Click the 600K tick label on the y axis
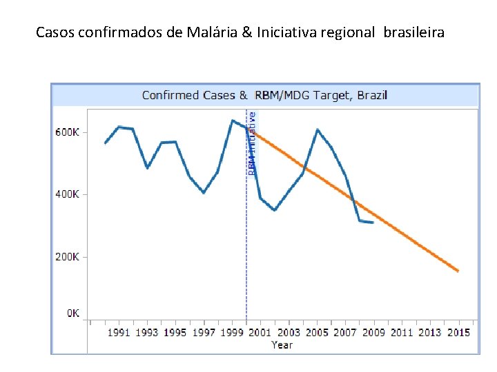point(67,132)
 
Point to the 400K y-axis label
point(67,194)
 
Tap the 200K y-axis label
point(67,257)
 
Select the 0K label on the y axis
point(72,313)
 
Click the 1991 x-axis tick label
point(119,333)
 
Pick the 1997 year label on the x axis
point(204,333)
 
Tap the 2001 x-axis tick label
point(260,333)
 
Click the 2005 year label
point(317,333)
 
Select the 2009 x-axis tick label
point(373,333)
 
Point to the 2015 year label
point(458,333)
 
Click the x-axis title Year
point(282,344)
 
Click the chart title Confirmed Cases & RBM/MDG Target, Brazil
point(265,95)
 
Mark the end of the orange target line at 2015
point(458,271)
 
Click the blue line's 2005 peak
point(318,130)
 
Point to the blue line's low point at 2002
point(275,210)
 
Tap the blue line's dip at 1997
point(204,193)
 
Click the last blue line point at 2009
point(373,223)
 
